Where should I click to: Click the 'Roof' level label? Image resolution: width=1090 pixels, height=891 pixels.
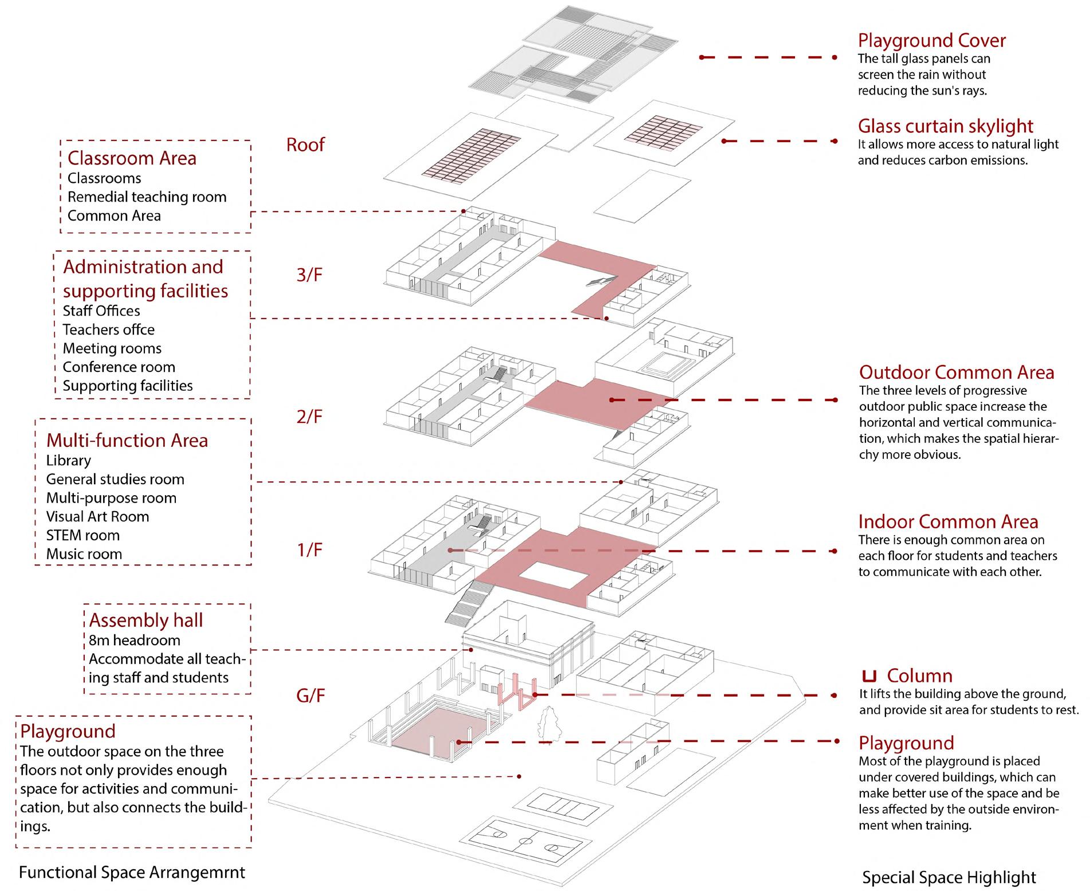coord(305,145)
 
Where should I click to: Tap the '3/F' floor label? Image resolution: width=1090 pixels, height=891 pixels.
coord(309,275)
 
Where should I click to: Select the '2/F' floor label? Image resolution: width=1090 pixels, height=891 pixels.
coord(309,417)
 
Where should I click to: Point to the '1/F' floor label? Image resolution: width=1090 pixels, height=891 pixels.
coord(309,551)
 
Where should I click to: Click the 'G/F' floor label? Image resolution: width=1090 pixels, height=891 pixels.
coord(310,696)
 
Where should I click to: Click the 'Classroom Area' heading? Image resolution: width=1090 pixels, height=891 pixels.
coord(132,158)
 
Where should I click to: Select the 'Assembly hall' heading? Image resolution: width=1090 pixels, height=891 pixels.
coord(146,621)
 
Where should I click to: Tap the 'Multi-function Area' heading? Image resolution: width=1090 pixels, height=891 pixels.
coord(127,441)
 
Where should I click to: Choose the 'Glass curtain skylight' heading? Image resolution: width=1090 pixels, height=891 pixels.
coord(945,126)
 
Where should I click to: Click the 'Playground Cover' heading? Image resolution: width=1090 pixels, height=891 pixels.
coord(931,41)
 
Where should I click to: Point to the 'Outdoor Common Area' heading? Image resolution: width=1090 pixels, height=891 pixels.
coord(956,372)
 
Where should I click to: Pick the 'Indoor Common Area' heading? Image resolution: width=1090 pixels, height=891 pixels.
coord(948,522)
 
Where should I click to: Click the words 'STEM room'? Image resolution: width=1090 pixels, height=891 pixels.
coord(83,536)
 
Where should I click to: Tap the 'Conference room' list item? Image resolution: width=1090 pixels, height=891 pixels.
coord(119,367)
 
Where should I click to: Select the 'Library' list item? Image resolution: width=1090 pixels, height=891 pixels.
coord(69,461)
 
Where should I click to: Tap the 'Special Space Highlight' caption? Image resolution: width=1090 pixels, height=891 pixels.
coord(949,877)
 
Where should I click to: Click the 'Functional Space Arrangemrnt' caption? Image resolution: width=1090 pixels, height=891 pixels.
coord(132,872)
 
